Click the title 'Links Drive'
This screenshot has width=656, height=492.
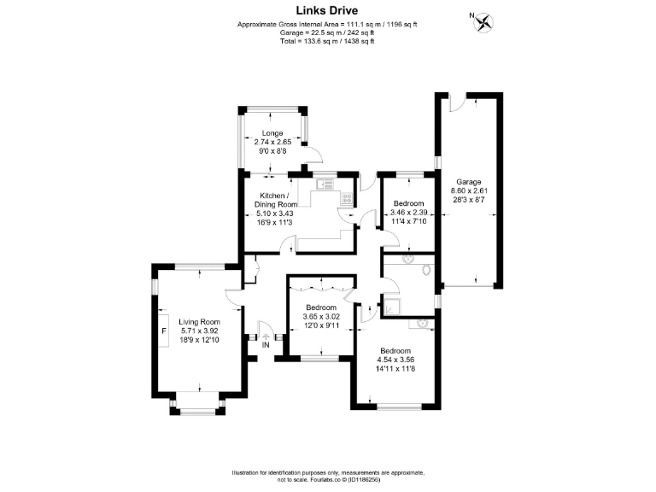tap(328, 11)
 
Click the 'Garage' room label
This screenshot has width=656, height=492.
tap(469, 182)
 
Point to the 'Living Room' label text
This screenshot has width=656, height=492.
tap(198, 321)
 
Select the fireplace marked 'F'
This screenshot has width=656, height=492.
tap(163, 331)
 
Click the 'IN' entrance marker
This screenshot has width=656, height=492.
tap(266, 344)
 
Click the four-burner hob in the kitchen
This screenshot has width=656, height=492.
tap(348, 199)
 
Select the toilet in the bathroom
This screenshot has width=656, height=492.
tap(426, 272)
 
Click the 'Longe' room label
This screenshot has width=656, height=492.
tap(272, 133)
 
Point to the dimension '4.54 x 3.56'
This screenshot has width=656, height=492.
tap(395, 360)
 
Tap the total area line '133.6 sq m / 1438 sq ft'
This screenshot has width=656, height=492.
tap(328, 40)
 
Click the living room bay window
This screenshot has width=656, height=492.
tap(198, 411)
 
